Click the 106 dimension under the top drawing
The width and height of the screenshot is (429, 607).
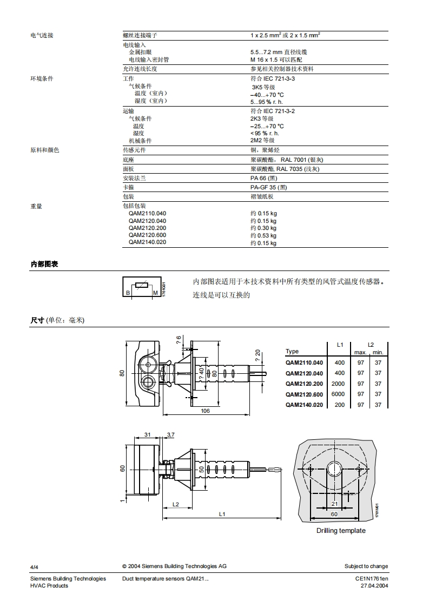pos(205,411)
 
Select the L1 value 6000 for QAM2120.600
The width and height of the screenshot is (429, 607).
pos(339,394)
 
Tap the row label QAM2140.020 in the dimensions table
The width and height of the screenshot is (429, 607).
pos(304,405)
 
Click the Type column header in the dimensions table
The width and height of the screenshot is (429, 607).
pos(292,351)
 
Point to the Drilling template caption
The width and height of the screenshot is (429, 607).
pos(341,530)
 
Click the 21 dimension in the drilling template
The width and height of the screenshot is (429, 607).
pos(334,504)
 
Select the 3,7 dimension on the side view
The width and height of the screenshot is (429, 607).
pos(171,434)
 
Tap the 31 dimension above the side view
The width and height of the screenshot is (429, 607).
pos(148,434)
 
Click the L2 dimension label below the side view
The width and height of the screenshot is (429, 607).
pos(176,504)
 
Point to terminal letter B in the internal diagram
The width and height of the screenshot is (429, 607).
pos(128,293)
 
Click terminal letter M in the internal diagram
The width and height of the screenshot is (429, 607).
pos(155,293)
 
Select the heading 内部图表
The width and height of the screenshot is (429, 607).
pos(44,264)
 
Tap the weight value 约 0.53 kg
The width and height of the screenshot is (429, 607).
pos(263,236)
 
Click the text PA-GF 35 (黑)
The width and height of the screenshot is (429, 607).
pos(269,187)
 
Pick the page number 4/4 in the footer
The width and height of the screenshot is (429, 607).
pos(34,566)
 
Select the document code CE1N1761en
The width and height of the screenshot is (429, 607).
pos(372,579)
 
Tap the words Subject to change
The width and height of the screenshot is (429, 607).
pos(366,566)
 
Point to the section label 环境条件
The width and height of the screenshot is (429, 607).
pos(42,79)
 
